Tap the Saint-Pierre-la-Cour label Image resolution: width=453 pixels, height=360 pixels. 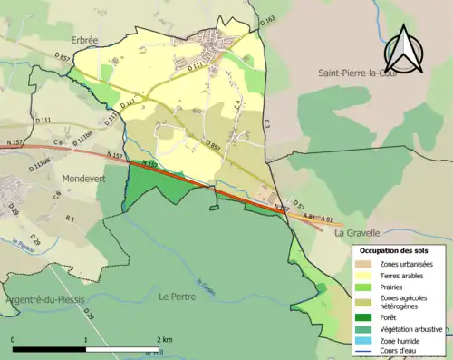(360, 72)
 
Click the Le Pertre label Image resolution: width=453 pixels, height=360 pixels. (178, 296)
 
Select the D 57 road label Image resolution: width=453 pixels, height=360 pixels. (296, 208)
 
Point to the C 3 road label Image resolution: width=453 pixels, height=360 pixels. (266, 121)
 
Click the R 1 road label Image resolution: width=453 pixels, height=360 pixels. (70, 219)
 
